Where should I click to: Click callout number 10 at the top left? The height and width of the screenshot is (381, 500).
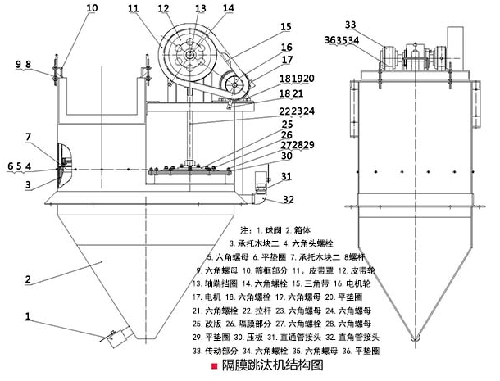tap(91, 8)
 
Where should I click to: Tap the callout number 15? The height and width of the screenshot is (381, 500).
tap(263, 27)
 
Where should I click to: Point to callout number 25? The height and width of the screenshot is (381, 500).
tap(264, 124)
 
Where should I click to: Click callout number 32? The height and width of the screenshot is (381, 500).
tap(289, 199)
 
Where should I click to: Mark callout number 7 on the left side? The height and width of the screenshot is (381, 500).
tap(28, 136)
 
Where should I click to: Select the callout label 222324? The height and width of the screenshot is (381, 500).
tap(275, 111)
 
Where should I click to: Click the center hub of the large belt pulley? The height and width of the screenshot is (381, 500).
tap(189, 54)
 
